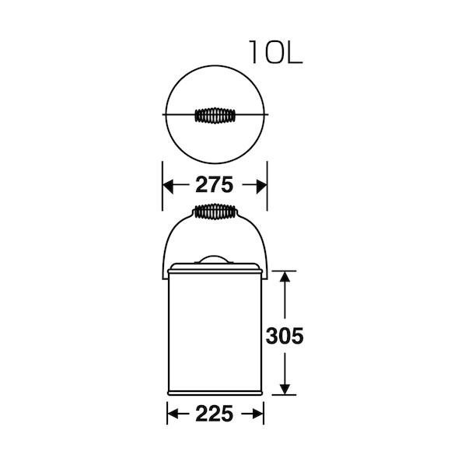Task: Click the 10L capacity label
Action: tap(276, 52)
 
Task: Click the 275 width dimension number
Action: tap(215, 185)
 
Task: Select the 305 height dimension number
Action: tap(285, 336)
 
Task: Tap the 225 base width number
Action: tap(215, 414)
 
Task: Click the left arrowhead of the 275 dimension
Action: tap(168, 187)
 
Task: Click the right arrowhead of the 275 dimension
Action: tap(261, 187)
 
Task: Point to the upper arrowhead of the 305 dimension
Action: tap(285, 277)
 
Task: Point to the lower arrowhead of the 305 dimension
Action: tap(285, 389)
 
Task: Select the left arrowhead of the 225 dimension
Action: tap(173, 414)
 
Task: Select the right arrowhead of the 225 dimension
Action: tap(257, 414)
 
